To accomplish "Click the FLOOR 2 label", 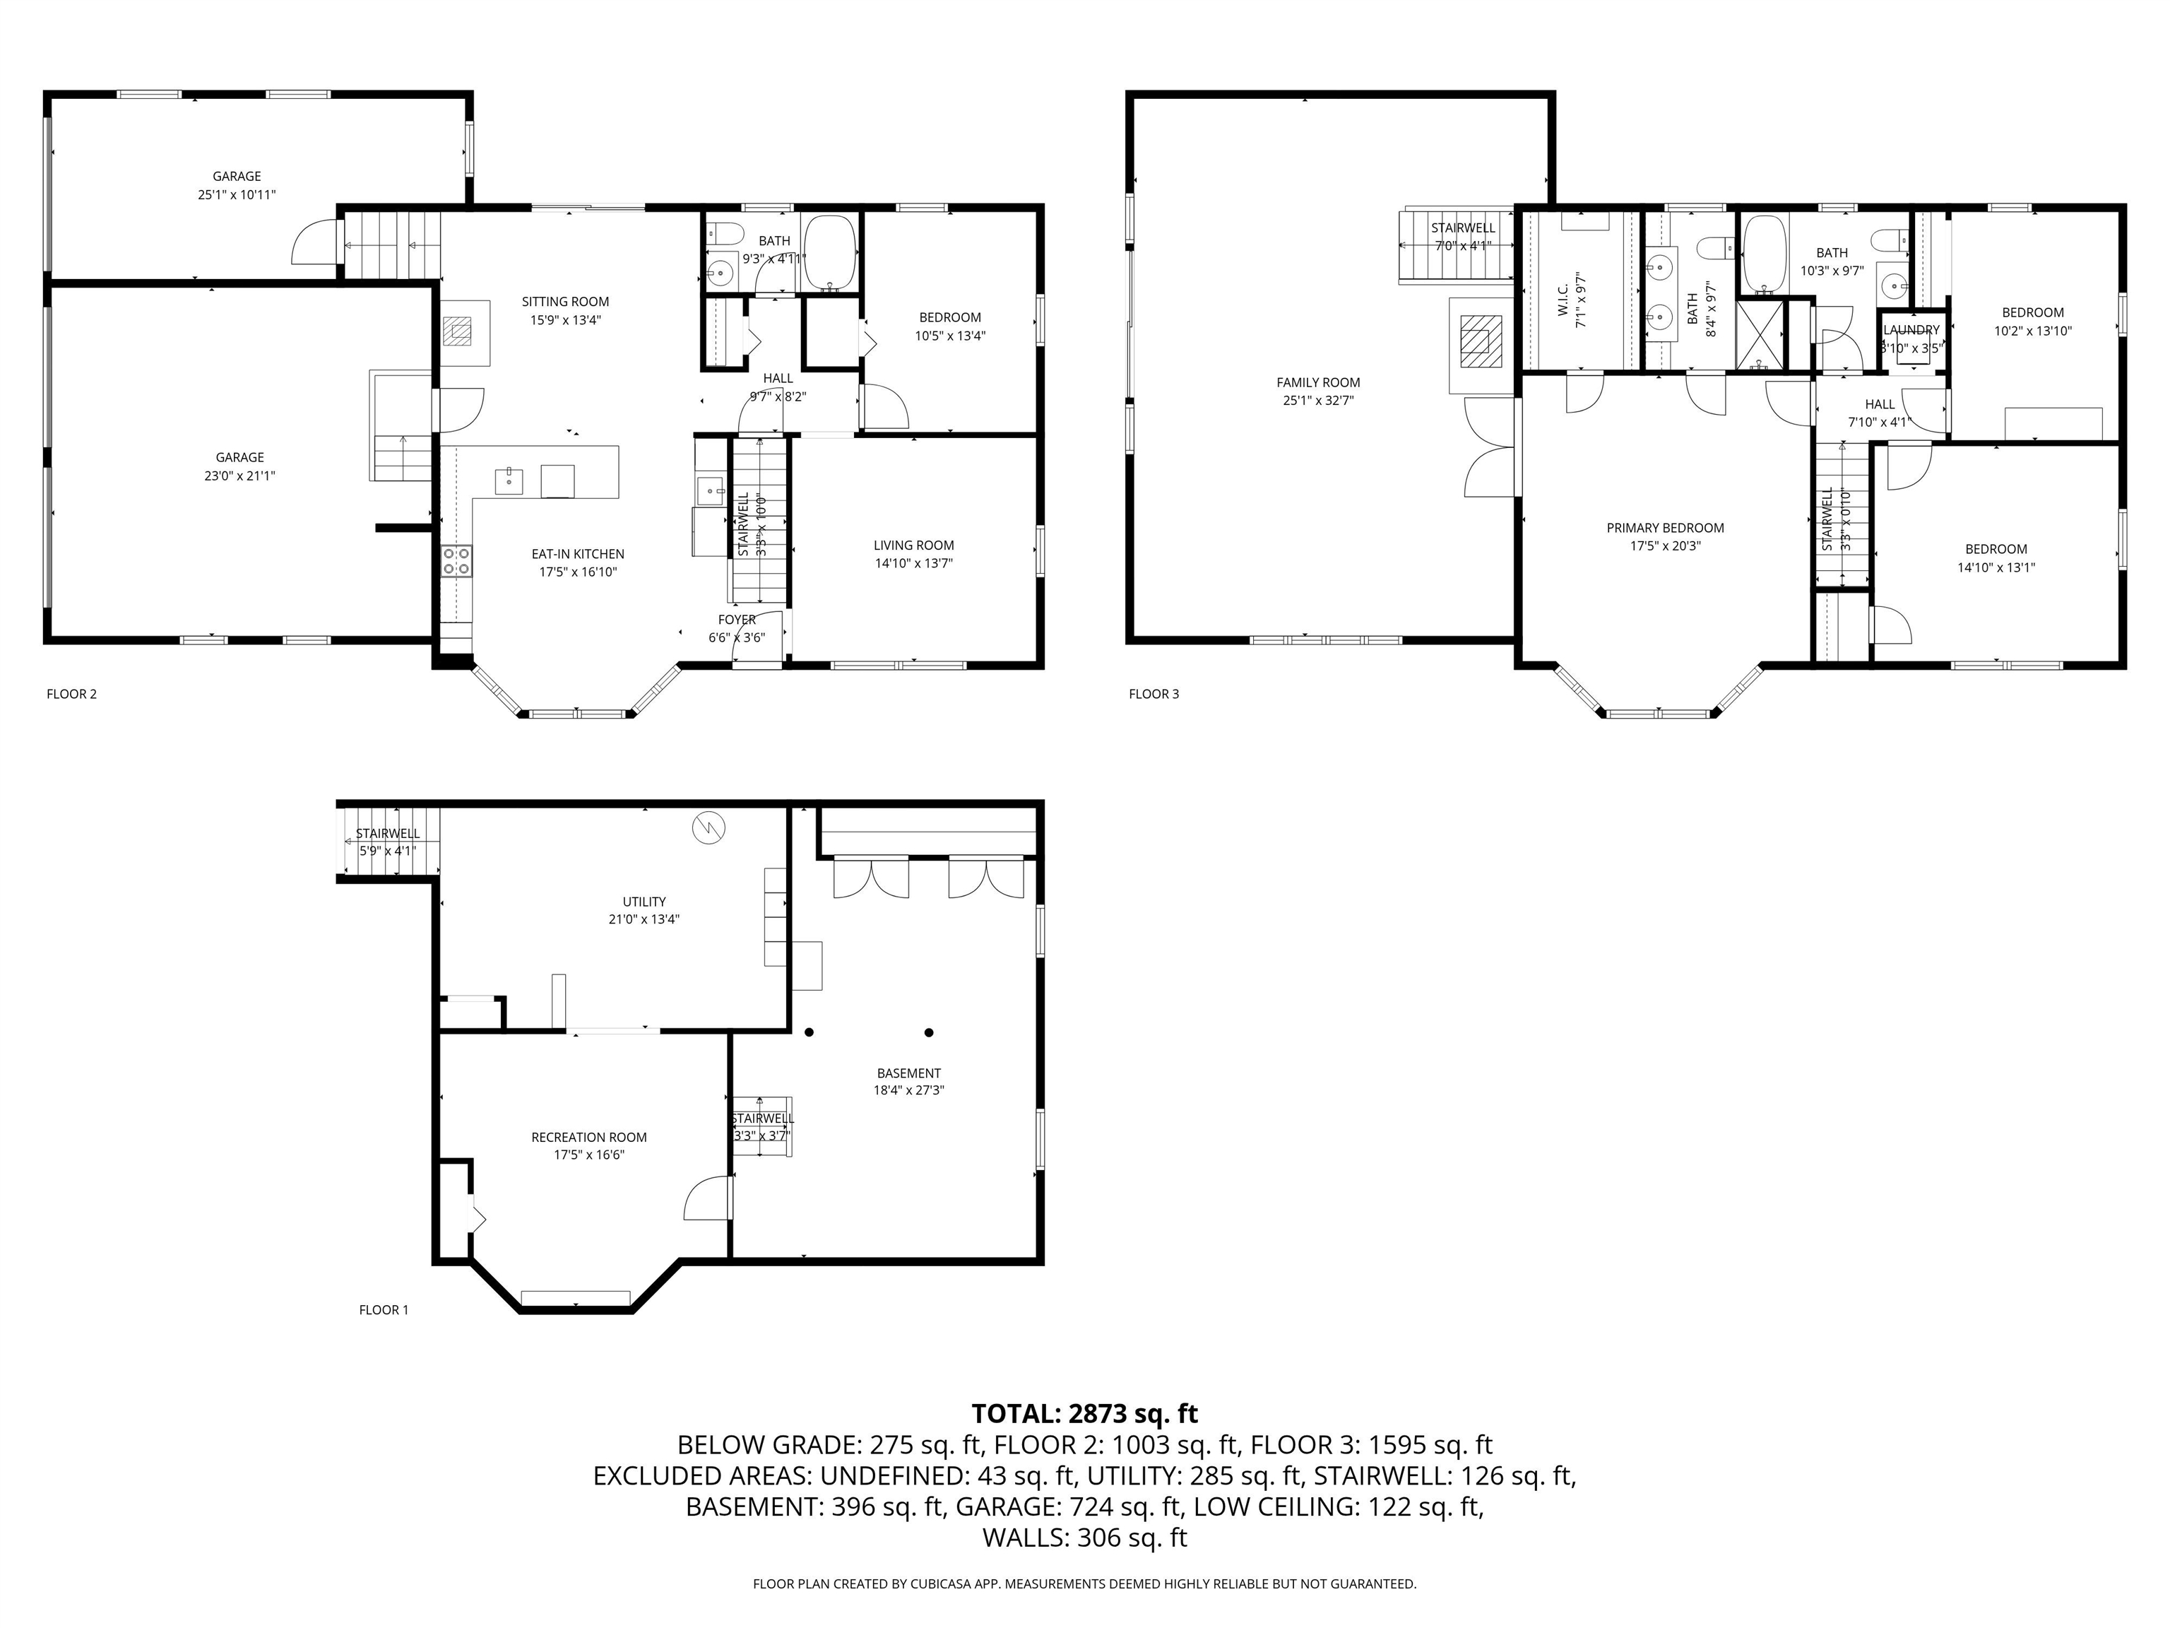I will pos(71,694).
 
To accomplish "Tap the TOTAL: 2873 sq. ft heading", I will pos(1084,1414).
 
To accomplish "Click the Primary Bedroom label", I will pos(1665,528).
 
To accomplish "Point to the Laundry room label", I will pos(1911,330).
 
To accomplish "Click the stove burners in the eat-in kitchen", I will pos(456,561).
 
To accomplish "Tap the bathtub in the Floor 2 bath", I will pos(830,253).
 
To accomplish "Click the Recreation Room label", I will pos(588,1138).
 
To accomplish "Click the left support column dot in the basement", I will pos(810,1032).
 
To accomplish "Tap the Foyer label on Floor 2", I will pos(737,620).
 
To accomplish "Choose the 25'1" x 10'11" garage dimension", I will pos(237,194).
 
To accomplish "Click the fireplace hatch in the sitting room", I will pos(456,331).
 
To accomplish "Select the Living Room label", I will pos(913,545).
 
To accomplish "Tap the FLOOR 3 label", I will pos(1154,694).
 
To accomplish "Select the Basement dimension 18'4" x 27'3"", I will pos(908,1090).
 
